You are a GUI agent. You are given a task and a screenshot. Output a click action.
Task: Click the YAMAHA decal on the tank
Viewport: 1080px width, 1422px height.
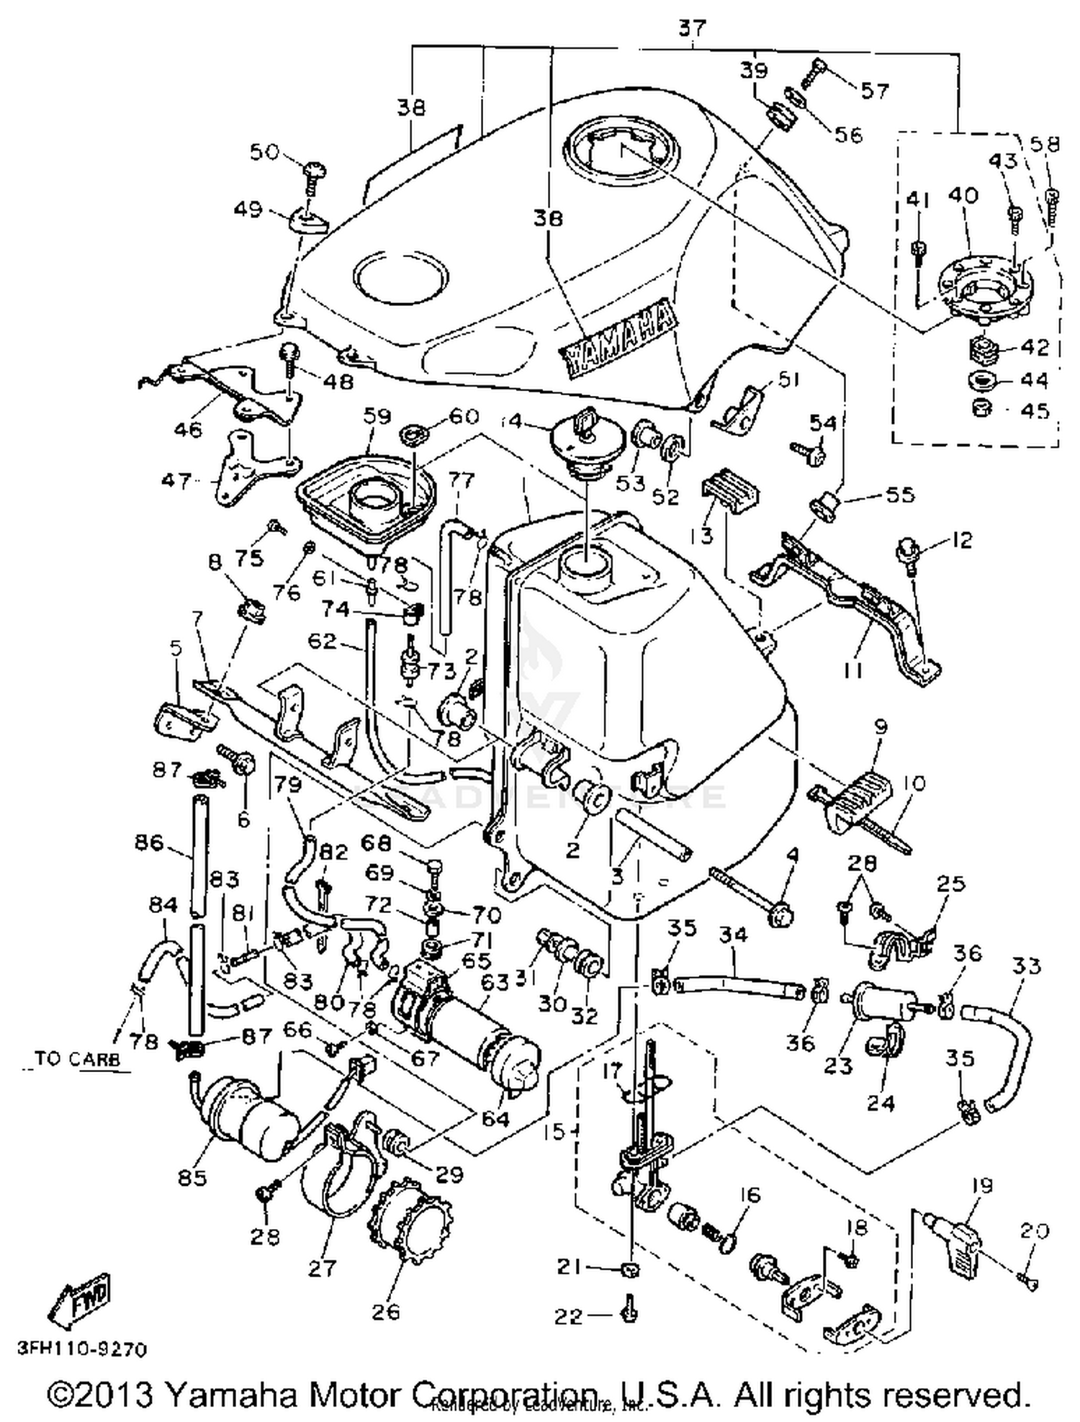tap(618, 338)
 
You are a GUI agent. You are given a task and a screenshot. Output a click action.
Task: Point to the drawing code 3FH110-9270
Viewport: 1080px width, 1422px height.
tap(81, 1349)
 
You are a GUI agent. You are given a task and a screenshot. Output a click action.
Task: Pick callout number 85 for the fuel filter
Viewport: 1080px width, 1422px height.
tap(192, 1177)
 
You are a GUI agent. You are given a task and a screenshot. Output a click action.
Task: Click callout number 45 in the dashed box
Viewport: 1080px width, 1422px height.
tap(1035, 410)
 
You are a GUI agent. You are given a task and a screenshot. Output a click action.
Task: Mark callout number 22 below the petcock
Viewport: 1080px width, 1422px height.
tap(570, 1316)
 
